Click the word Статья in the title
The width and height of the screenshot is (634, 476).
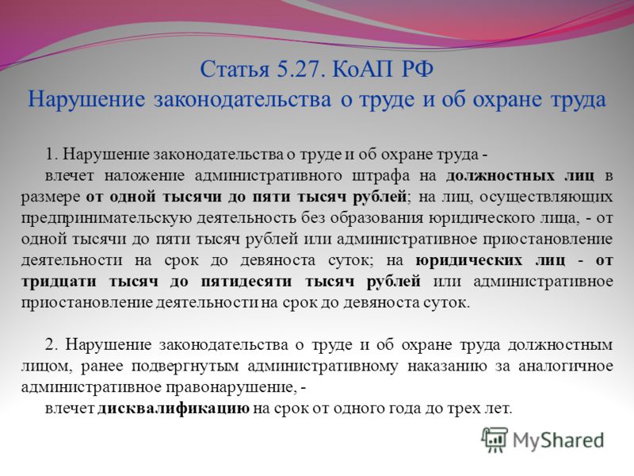[235, 69]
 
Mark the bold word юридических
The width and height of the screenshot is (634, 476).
[469, 260]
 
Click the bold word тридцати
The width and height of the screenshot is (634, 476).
[59, 282]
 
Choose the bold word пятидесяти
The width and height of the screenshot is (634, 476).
[246, 282]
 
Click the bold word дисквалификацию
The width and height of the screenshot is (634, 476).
[174, 409]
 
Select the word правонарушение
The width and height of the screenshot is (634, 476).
[228, 387]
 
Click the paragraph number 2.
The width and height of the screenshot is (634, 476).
[52, 345]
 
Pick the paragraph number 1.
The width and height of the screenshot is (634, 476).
[52, 155]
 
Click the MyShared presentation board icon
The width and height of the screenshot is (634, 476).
[494, 440]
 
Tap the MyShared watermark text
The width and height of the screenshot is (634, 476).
[558, 441]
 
